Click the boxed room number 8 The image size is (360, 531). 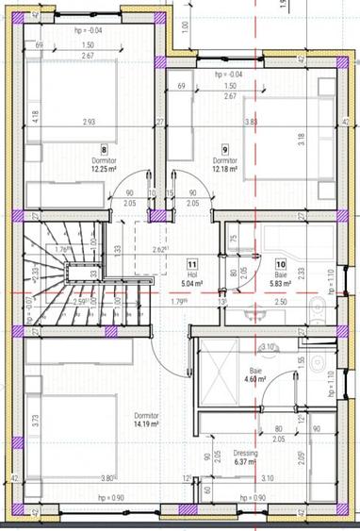(103, 149)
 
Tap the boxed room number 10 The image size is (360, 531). (280, 265)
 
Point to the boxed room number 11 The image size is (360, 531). (192, 265)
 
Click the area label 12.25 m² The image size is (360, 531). (103, 169)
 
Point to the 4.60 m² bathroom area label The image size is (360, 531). (254, 380)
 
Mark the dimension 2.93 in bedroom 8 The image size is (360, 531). (90, 122)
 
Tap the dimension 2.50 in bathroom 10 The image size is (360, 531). (281, 301)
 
